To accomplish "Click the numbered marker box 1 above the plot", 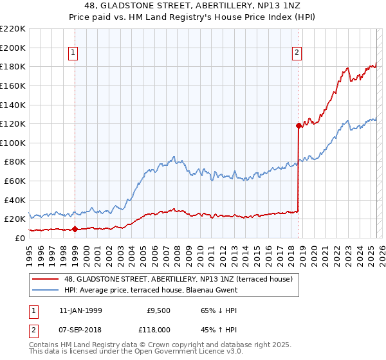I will pyautogui.click(x=73, y=53).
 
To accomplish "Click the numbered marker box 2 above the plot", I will pyautogui.click(x=297, y=53).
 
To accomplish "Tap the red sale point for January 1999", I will pyautogui.click(x=75, y=228).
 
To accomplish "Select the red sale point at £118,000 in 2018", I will pyautogui.click(x=299, y=126).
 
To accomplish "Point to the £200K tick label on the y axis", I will pyautogui.click(x=13, y=48).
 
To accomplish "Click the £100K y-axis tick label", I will pyautogui.click(x=13, y=143).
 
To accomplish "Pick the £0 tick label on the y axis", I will pyautogui.click(x=20, y=238).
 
